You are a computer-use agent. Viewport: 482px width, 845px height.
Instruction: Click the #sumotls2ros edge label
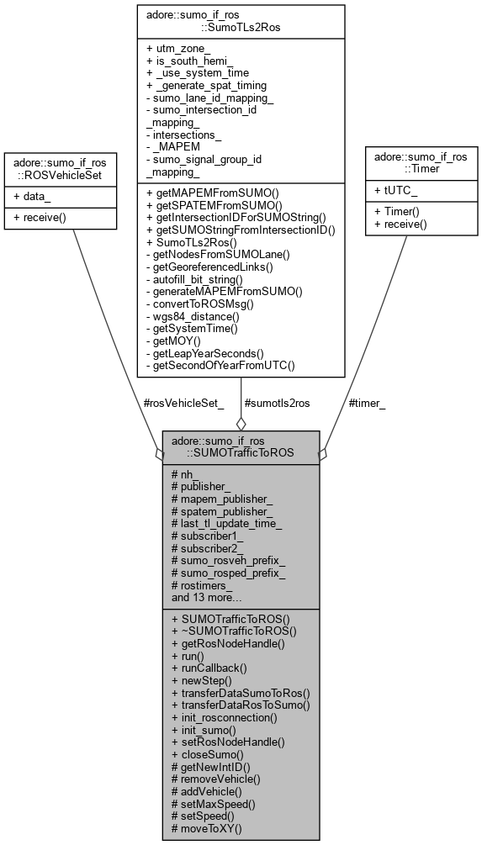pos(276,403)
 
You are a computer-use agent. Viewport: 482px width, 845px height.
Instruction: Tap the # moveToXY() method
pos(206,828)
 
